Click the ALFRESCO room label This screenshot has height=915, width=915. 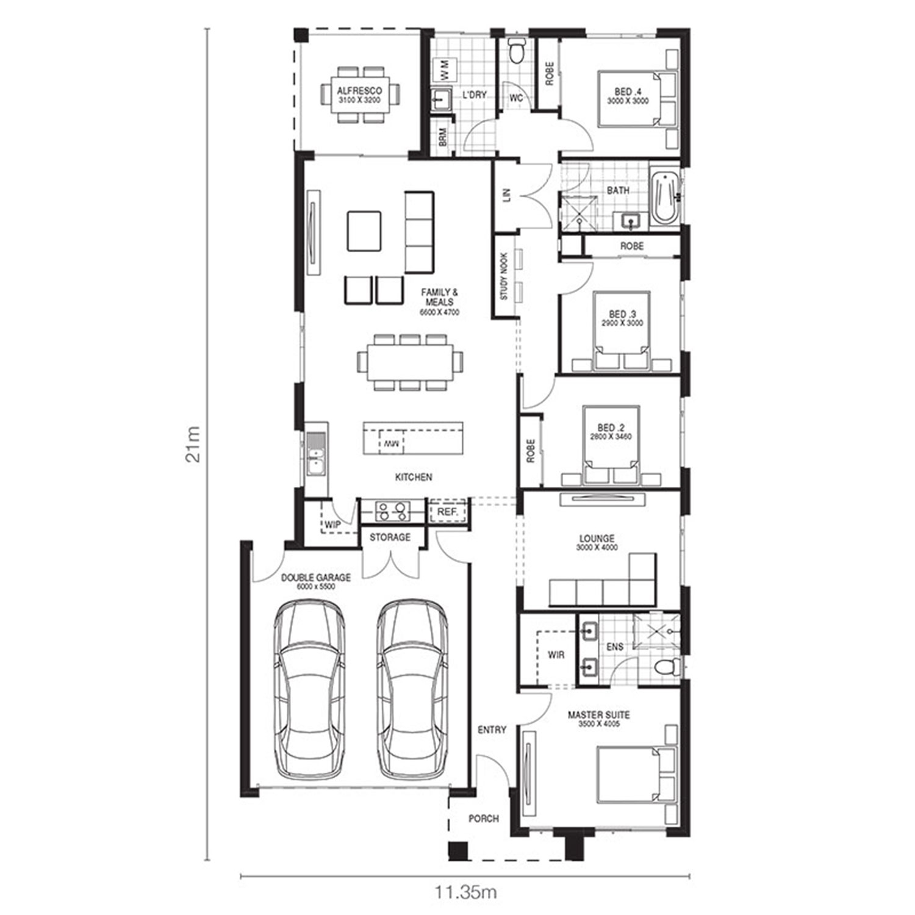(x=360, y=91)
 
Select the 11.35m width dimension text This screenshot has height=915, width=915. (x=466, y=892)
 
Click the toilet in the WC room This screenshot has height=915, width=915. (x=517, y=51)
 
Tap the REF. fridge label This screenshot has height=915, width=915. (x=448, y=512)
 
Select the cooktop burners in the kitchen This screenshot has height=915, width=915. (x=392, y=511)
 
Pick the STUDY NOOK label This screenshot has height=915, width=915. (x=504, y=276)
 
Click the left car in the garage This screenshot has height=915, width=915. (x=309, y=690)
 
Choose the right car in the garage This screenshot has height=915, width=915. (x=412, y=690)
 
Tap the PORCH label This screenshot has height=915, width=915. (x=484, y=819)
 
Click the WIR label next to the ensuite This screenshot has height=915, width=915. (x=556, y=655)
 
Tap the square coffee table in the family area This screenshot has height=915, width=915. (x=364, y=231)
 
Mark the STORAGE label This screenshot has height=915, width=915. (x=390, y=537)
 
